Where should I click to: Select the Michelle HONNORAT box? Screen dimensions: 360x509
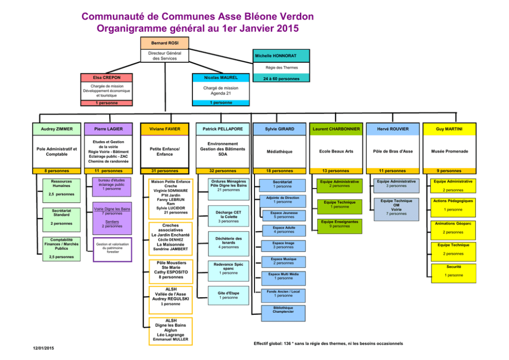point(282,55)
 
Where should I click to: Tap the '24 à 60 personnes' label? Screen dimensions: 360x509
point(281,79)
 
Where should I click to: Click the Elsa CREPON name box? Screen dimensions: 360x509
point(107,77)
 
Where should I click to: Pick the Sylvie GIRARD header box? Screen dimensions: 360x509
point(280,129)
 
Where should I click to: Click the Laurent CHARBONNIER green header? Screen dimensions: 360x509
point(336,129)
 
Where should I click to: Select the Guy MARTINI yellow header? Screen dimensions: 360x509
point(449,129)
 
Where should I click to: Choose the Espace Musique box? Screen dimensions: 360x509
point(284,261)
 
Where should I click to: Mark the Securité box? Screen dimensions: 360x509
point(453,271)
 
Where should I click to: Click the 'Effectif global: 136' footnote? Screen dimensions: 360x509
point(328,343)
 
